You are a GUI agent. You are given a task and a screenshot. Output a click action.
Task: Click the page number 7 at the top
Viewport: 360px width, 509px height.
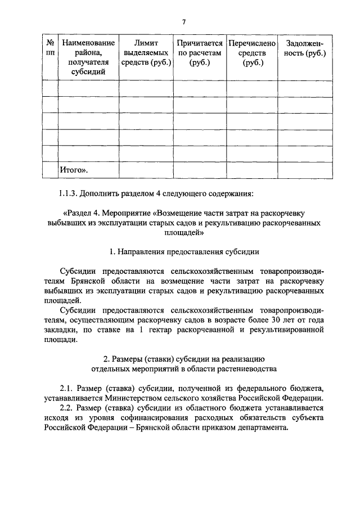pos(183,22)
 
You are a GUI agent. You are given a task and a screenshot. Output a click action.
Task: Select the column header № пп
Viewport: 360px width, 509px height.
pos(50,47)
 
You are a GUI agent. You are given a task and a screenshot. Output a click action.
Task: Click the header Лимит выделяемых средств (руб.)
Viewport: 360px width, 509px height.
pos(146,52)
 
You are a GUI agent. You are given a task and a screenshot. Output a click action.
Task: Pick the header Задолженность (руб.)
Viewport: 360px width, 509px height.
pos(305,47)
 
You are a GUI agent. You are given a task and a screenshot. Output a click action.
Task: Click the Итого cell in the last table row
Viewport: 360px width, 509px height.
pos(75,169)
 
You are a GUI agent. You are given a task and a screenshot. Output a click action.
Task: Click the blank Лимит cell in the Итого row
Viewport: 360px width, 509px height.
pos(146,169)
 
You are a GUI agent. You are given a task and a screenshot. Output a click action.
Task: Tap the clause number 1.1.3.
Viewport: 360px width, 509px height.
pos(68,195)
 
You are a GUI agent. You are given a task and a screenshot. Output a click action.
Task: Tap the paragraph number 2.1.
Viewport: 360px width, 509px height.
pos(67,389)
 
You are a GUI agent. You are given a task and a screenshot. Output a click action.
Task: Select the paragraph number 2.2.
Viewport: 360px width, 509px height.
pos(67,408)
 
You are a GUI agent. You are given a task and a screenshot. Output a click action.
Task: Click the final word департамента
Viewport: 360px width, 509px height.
pos(261,427)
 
